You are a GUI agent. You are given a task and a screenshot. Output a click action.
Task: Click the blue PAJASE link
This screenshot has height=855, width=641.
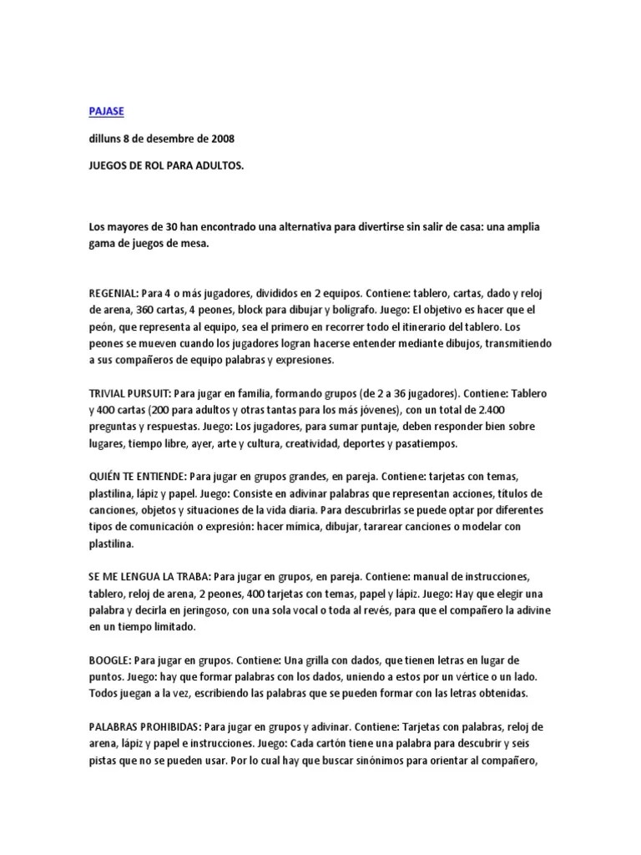(x=108, y=110)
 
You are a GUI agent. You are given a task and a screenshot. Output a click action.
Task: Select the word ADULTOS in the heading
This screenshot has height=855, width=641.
(x=219, y=166)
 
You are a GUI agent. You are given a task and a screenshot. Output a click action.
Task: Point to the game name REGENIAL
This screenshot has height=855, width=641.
(x=114, y=294)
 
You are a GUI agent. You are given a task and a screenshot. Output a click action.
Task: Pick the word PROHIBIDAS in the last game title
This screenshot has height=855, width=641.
(x=170, y=726)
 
